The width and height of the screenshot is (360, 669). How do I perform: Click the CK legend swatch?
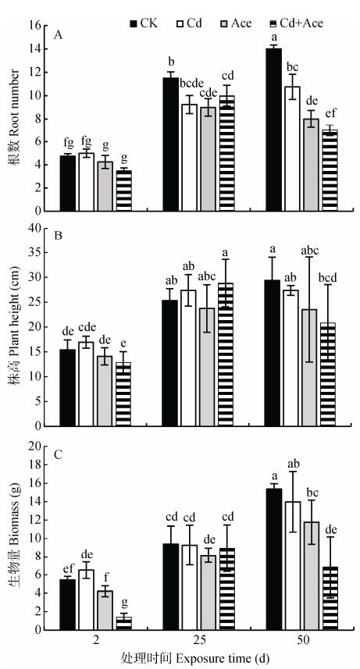(134, 23)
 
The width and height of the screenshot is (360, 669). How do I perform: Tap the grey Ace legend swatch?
(226, 23)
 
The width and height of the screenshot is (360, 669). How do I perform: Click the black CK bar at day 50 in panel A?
(273, 130)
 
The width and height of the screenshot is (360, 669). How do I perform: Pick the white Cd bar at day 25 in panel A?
(189, 158)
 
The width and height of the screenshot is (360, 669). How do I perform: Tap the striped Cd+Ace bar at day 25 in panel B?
(226, 354)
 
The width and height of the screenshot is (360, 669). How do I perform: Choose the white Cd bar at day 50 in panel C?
(292, 565)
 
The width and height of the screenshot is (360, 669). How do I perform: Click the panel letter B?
(58, 235)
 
